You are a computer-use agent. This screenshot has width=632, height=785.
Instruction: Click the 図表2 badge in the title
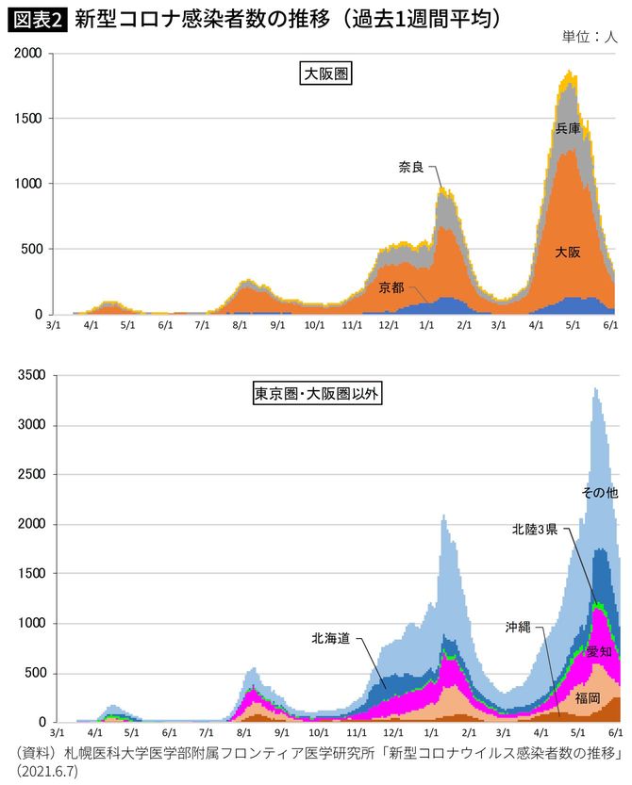tap(36, 19)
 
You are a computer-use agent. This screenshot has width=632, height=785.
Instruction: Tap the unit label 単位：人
tap(589, 38)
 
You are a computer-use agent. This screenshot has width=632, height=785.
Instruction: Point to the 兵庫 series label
tap(568, 128)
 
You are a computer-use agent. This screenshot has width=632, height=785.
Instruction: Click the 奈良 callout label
tap(410, 167)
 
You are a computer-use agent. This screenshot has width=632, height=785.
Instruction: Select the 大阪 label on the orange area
tap(567, 253)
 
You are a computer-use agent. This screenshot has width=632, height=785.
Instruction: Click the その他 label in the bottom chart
tap(598, 492)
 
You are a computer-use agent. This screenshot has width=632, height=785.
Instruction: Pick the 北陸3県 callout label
tap(538, 530)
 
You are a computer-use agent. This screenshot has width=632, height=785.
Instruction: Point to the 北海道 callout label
tap(331, 638)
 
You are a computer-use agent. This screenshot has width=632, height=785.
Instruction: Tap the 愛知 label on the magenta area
tap(598, 652)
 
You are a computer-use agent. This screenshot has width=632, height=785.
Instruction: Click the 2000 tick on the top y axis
tap(26, 55)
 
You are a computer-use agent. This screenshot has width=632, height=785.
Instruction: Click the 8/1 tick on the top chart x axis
tap(240, 325)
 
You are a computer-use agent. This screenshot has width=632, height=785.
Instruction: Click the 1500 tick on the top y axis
tap(26, 120)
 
